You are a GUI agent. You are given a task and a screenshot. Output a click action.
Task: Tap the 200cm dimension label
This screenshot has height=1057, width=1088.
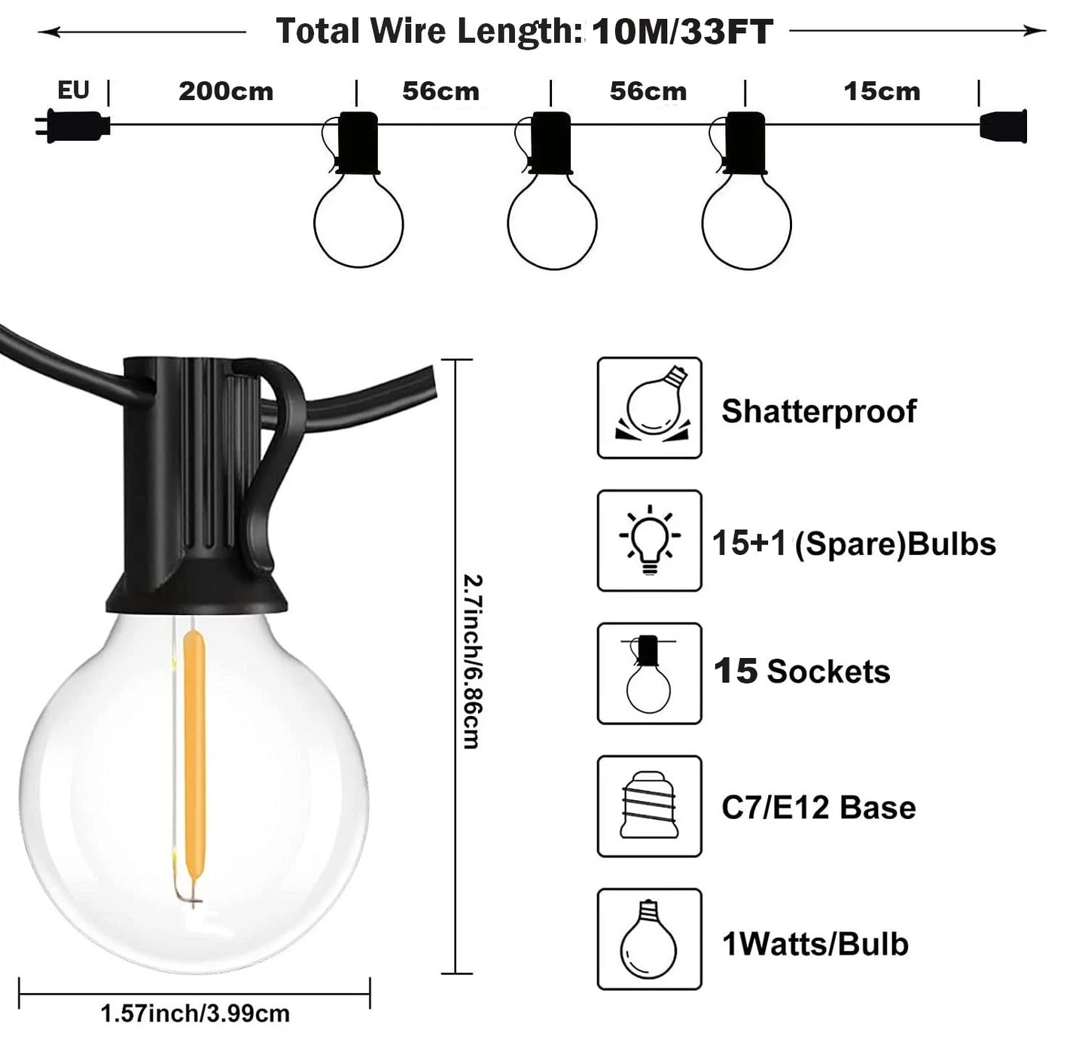[226, 91]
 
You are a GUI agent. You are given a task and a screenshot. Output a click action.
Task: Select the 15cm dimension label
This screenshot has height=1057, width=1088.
[882, 91]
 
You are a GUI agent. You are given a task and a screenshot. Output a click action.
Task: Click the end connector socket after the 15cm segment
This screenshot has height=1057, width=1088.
[1003, 125]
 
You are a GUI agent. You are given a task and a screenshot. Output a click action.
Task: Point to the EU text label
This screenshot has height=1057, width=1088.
[73, 90]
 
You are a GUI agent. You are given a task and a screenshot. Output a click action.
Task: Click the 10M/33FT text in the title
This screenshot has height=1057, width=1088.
[682, 32]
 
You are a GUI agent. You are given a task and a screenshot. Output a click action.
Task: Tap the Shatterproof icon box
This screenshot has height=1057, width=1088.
[649, 407]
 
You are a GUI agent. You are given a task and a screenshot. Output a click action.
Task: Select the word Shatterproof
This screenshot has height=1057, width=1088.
[818, 411]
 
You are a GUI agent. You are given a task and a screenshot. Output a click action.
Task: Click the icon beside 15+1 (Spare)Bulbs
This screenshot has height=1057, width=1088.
[649, 541]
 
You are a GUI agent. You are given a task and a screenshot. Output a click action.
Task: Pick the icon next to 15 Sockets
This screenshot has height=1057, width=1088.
[649, 673]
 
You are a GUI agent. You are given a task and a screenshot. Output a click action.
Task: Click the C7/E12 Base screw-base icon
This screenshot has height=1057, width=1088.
[649, 806]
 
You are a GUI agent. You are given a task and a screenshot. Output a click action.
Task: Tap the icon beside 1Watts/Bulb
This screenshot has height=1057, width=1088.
[649, 939]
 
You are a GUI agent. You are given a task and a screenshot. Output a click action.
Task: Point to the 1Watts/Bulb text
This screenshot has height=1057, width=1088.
[815, 944]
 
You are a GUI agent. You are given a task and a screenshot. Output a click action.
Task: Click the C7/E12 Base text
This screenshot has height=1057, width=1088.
[818, 807]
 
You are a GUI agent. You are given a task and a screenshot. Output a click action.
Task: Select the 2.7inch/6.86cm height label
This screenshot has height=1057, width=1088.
[473, 662]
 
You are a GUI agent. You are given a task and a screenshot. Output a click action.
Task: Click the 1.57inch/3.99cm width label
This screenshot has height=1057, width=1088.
[195, 1013]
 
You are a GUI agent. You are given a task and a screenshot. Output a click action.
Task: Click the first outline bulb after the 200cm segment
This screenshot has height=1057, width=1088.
[358, 222]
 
